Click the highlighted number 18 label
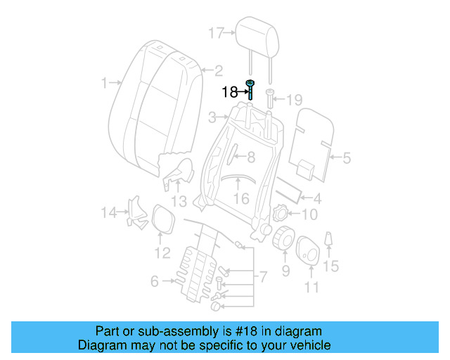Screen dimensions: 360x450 pos(229,92)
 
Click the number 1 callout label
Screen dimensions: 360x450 pos(103,83)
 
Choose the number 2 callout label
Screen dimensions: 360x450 pos(218,70)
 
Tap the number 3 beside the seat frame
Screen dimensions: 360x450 pos(212,117)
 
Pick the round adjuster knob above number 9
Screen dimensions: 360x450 pos(283,240)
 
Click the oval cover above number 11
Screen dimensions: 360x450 pos(309,251)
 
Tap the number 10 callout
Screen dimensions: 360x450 pos(309,214)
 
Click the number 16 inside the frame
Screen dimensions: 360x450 pos(240,199)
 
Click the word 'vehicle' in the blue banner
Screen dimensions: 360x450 pos(308,345)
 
